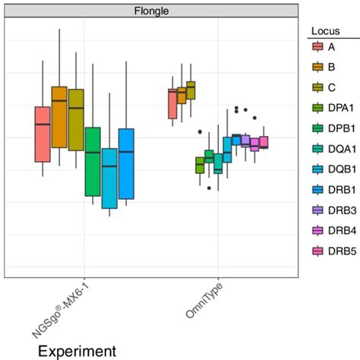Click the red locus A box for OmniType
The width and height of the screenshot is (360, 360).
point(172,104)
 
